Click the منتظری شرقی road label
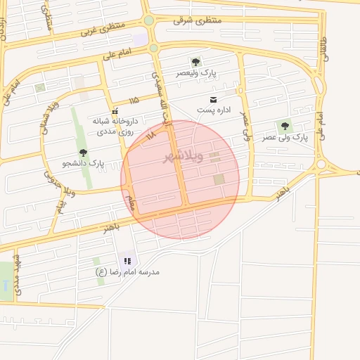(198, 20)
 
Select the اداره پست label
(213, 110)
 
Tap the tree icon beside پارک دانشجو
(83, 153)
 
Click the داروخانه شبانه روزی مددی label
(115, 126)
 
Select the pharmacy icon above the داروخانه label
(115, 110)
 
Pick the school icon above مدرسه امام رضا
(127, 260)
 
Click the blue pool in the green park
(6, 286)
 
